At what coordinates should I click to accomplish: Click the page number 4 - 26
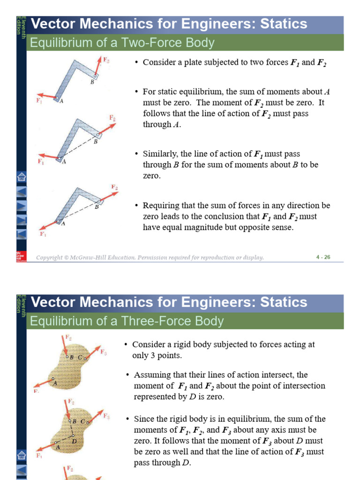pyautogui.click(x=323, y=257)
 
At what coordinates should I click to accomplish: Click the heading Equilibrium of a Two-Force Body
pyautogui.click(x=122, y=43)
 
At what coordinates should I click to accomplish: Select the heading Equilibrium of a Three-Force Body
pyautogui.click(x=127, y=321)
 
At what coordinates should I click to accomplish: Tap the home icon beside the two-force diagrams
pyautogui.click(x=22, y=177)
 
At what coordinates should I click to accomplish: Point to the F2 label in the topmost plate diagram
pyautogui.click(x=106, y=60)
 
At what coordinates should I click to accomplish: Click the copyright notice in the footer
pyautogui.click(x=150, y=257)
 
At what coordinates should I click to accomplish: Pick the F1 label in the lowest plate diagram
pyautogui.click(x=43, y=233)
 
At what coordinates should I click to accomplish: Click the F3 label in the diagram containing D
pyautogui.click(x=106, y=416)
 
